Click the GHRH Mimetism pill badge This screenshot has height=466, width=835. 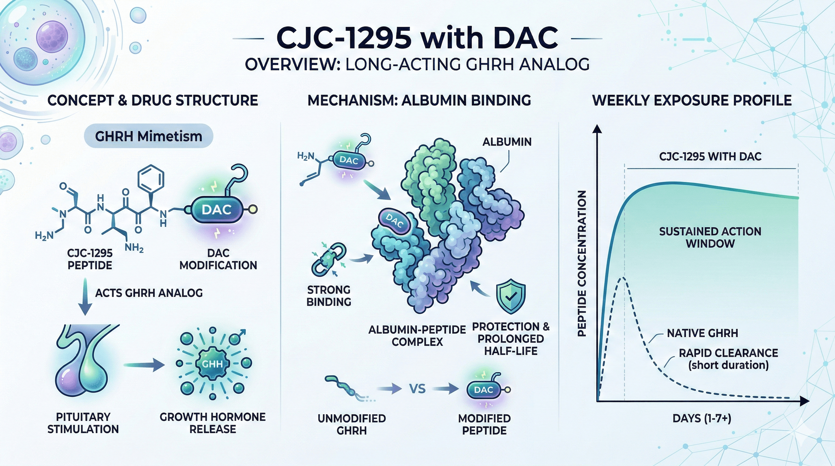(x=148, y=136)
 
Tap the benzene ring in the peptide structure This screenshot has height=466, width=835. (x=151, y=178)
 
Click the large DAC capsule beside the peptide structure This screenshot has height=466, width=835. (x=217, y=210)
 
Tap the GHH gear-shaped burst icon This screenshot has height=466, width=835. (x=212, y=363)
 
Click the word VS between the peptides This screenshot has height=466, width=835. (x=417, y=389)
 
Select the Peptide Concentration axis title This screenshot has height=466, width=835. (x=582, y=263)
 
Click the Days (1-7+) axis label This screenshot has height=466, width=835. (x=702, y=418)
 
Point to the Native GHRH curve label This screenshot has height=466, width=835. (x=702, y=333)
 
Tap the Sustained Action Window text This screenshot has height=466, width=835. (x=710, y=238)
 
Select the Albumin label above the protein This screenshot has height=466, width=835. (x=507, y=142)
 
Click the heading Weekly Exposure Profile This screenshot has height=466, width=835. (x=692, y=100)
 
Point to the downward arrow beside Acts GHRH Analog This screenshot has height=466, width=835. (x=85, y=296)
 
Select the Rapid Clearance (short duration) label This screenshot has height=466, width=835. (x=728, y=359)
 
